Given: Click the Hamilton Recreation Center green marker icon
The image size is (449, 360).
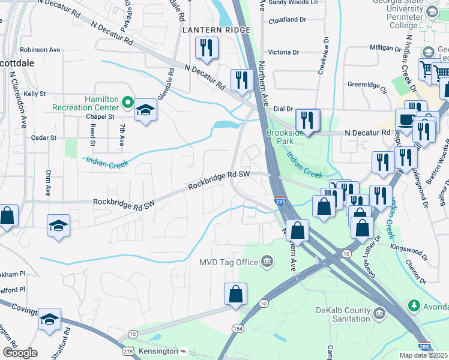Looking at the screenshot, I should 127,103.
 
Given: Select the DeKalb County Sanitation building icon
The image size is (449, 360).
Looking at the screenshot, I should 379,314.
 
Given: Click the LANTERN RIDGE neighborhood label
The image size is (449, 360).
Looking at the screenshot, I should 208,29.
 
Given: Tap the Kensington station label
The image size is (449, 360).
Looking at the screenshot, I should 158,350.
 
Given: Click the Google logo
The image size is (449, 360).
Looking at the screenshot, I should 19,353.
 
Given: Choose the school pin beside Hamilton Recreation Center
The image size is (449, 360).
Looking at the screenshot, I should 145,110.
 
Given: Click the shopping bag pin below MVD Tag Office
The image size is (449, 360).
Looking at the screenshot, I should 235,294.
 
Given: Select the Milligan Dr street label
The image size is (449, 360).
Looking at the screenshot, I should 385,47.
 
